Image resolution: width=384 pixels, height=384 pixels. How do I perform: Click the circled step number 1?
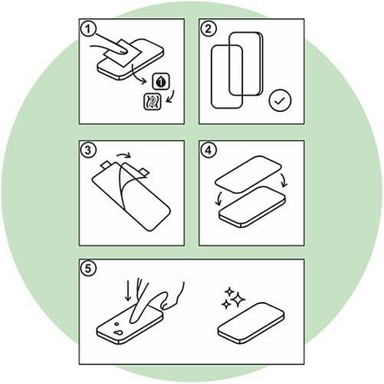pos(88,28)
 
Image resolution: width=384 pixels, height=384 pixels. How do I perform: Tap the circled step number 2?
pos(209,28)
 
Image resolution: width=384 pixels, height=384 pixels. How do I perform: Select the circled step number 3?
pos(88,150)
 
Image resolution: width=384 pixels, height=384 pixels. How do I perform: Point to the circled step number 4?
pos(209,150)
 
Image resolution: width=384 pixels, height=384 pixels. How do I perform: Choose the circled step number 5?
pos(88,269)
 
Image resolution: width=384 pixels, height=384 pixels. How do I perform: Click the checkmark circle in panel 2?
pos(280,100)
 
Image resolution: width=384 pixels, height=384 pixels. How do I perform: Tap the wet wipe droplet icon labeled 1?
pos(161,82)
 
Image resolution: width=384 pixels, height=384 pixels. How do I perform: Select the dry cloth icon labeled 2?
pos(153,102)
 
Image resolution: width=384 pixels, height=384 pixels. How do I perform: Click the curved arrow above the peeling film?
pos(124,154)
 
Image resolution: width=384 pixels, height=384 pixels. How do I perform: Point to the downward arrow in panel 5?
pos(128,291)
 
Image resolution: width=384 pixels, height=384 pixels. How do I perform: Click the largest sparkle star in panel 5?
pos(238,299)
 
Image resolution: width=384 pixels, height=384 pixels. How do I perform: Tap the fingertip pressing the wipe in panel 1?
pos(123,49)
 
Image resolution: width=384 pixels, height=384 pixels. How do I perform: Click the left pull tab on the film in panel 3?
pos(106,165)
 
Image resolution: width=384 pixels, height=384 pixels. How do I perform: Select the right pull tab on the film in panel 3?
pos(144,173)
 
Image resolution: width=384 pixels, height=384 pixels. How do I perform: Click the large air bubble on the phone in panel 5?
pos(118,332)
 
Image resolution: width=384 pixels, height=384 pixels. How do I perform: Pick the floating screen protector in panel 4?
pos(248,174)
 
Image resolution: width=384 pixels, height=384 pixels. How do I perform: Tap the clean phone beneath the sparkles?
pos(251,323)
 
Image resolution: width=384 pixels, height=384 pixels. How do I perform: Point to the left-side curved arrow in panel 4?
pos(219,199)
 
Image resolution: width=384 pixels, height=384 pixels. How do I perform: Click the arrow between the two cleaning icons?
pos(170,97)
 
